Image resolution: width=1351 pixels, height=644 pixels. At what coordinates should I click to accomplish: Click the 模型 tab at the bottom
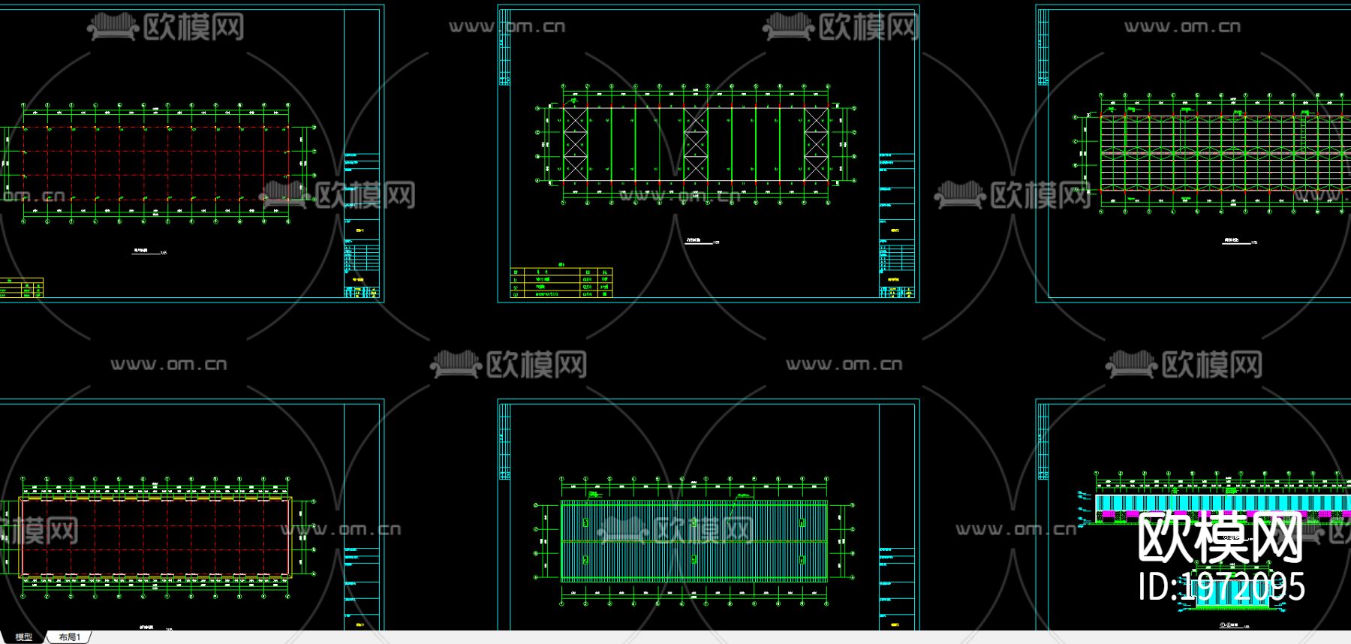coord(24,637)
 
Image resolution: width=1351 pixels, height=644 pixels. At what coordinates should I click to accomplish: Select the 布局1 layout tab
coord(69,637)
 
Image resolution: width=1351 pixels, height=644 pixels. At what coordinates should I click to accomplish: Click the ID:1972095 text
coord(1221,586)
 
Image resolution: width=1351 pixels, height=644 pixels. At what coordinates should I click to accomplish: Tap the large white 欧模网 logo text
coord(1220,537)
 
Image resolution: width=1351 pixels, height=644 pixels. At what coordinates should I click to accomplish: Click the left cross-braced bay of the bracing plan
coord(576,144)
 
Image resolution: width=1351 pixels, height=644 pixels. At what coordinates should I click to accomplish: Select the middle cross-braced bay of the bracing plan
coord(695,144)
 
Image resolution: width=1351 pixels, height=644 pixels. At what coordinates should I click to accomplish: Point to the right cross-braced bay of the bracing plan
coord(816,144)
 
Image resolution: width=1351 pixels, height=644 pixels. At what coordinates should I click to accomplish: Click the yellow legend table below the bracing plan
coord(561,283)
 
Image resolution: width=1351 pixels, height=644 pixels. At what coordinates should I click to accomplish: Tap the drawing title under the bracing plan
coord(699,241)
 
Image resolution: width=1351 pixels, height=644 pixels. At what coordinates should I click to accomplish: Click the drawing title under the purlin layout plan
coord(1232,241)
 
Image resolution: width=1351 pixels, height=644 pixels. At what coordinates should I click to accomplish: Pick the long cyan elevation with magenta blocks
coord(1216,503)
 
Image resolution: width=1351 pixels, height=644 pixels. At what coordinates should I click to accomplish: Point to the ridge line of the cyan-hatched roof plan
coord(694,540)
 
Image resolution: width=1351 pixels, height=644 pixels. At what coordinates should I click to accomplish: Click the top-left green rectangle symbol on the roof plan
coord(585,522)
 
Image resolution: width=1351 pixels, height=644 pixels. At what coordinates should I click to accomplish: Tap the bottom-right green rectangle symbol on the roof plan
coord(802,559)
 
